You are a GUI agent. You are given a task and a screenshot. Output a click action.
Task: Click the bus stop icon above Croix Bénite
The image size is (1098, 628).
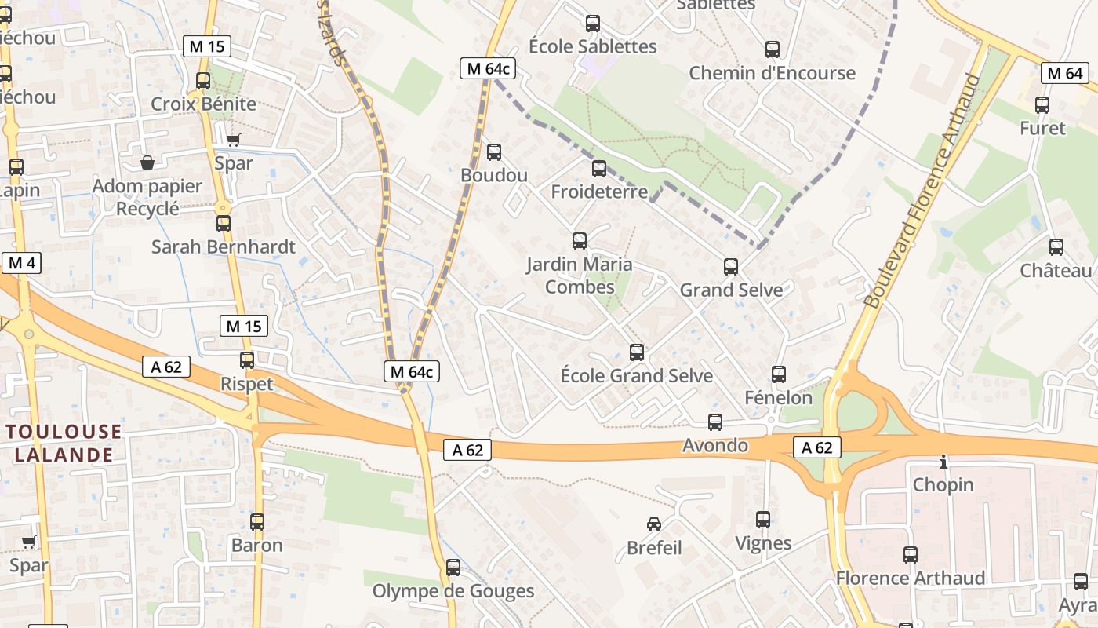203,80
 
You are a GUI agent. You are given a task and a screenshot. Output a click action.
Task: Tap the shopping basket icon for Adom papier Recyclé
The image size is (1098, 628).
147,162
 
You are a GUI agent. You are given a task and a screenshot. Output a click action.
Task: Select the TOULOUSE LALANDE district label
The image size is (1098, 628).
64,443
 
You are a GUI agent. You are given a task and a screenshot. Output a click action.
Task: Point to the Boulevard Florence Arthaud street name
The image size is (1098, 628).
924,190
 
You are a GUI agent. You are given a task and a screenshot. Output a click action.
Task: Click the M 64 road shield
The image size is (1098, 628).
1064,74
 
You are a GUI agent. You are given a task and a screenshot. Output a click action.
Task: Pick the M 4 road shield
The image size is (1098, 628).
20,263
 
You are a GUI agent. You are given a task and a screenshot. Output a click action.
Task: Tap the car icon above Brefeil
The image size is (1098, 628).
653,524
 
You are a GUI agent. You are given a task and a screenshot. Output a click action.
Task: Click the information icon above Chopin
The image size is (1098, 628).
943,462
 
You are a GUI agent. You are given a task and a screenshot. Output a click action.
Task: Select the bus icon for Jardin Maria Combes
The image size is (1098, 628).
580,241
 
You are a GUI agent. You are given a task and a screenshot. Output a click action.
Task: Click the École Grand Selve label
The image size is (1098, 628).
636,376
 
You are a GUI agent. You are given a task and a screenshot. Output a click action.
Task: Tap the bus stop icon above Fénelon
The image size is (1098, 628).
778,374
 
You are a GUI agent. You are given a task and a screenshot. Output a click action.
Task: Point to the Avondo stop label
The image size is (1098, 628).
715,446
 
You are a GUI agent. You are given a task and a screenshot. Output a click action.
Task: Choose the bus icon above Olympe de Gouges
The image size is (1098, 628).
453,567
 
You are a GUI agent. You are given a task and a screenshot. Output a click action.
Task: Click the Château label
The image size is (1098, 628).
1056,271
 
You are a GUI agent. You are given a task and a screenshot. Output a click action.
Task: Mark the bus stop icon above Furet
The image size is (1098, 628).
1042,104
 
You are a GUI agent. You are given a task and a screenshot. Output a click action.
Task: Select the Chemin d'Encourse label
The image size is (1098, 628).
772,73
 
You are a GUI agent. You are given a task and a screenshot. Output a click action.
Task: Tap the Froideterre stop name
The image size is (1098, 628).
599,192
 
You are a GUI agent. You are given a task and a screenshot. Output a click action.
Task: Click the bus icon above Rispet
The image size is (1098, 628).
247,360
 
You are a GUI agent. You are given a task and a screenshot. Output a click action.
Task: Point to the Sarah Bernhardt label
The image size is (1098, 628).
223,247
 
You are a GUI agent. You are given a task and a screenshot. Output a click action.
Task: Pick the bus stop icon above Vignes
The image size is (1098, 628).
763,519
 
